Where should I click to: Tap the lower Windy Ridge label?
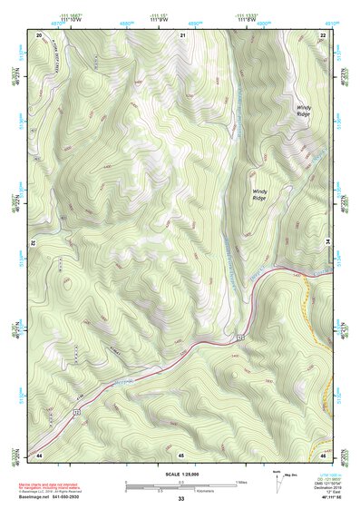coord(260,194)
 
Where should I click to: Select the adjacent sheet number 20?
coord(39,34)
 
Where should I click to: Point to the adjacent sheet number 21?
coord(182,34)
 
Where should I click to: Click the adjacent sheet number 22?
coord(323,34)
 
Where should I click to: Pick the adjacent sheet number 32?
coord(32,243)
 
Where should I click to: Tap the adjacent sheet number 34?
coord(328,243)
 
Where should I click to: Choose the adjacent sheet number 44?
coord(39,453)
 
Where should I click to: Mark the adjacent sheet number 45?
coord(181,453)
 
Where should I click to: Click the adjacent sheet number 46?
coord(323,453)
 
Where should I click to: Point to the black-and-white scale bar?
coord(180,484)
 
